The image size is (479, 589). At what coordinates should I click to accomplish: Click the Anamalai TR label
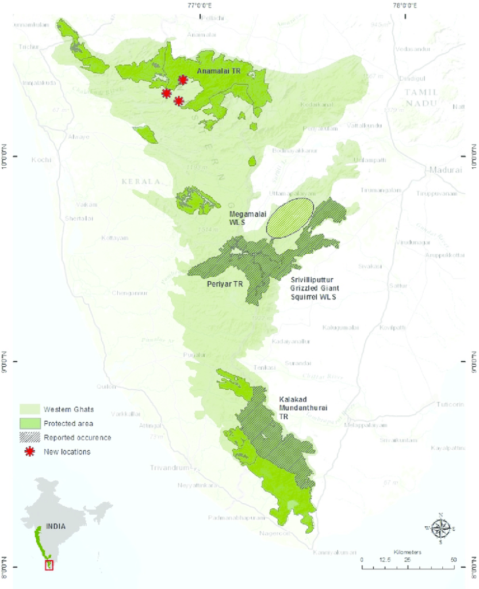point(216,71)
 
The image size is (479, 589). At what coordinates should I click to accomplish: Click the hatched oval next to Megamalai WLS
point(290,217)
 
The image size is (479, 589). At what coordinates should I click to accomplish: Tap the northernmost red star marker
point(183,80)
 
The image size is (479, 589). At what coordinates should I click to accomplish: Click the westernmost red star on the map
point(166,93)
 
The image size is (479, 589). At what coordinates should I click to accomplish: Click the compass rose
point(440,527)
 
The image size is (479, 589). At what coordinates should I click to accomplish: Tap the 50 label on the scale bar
point(454,560)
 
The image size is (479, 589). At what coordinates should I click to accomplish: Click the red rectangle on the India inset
point(49,565)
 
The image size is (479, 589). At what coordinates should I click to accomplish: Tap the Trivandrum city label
point(168,467)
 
